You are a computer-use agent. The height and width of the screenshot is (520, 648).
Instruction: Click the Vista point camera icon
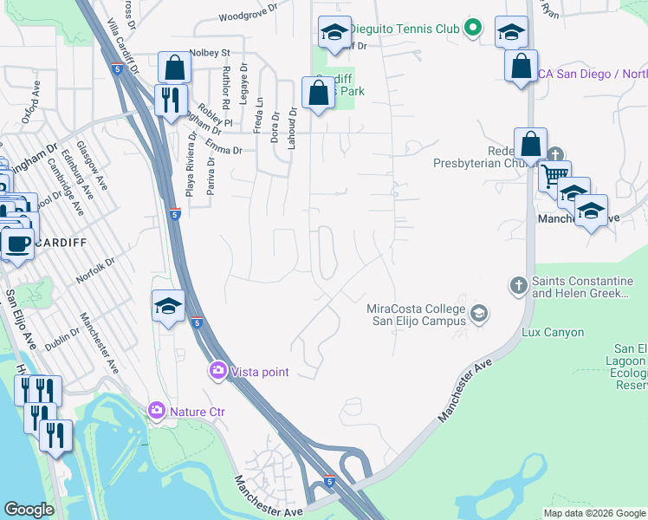coord(217,371)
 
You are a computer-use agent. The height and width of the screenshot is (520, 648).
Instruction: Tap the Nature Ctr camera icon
coord(157,410)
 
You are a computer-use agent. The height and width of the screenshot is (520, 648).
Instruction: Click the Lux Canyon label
coord(553,332)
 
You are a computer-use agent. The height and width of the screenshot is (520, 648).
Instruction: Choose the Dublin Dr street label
coord(62,332)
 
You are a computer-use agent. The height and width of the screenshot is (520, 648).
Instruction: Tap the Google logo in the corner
coord(29,510)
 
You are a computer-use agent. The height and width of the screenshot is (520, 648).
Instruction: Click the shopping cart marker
coord(554,176)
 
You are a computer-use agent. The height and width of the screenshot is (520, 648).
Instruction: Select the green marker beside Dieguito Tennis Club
coord(472,29)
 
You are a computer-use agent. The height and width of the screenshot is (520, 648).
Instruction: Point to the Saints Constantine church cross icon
coord(518,284)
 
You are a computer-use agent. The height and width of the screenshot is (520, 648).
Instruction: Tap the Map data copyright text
coord(594,513)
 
